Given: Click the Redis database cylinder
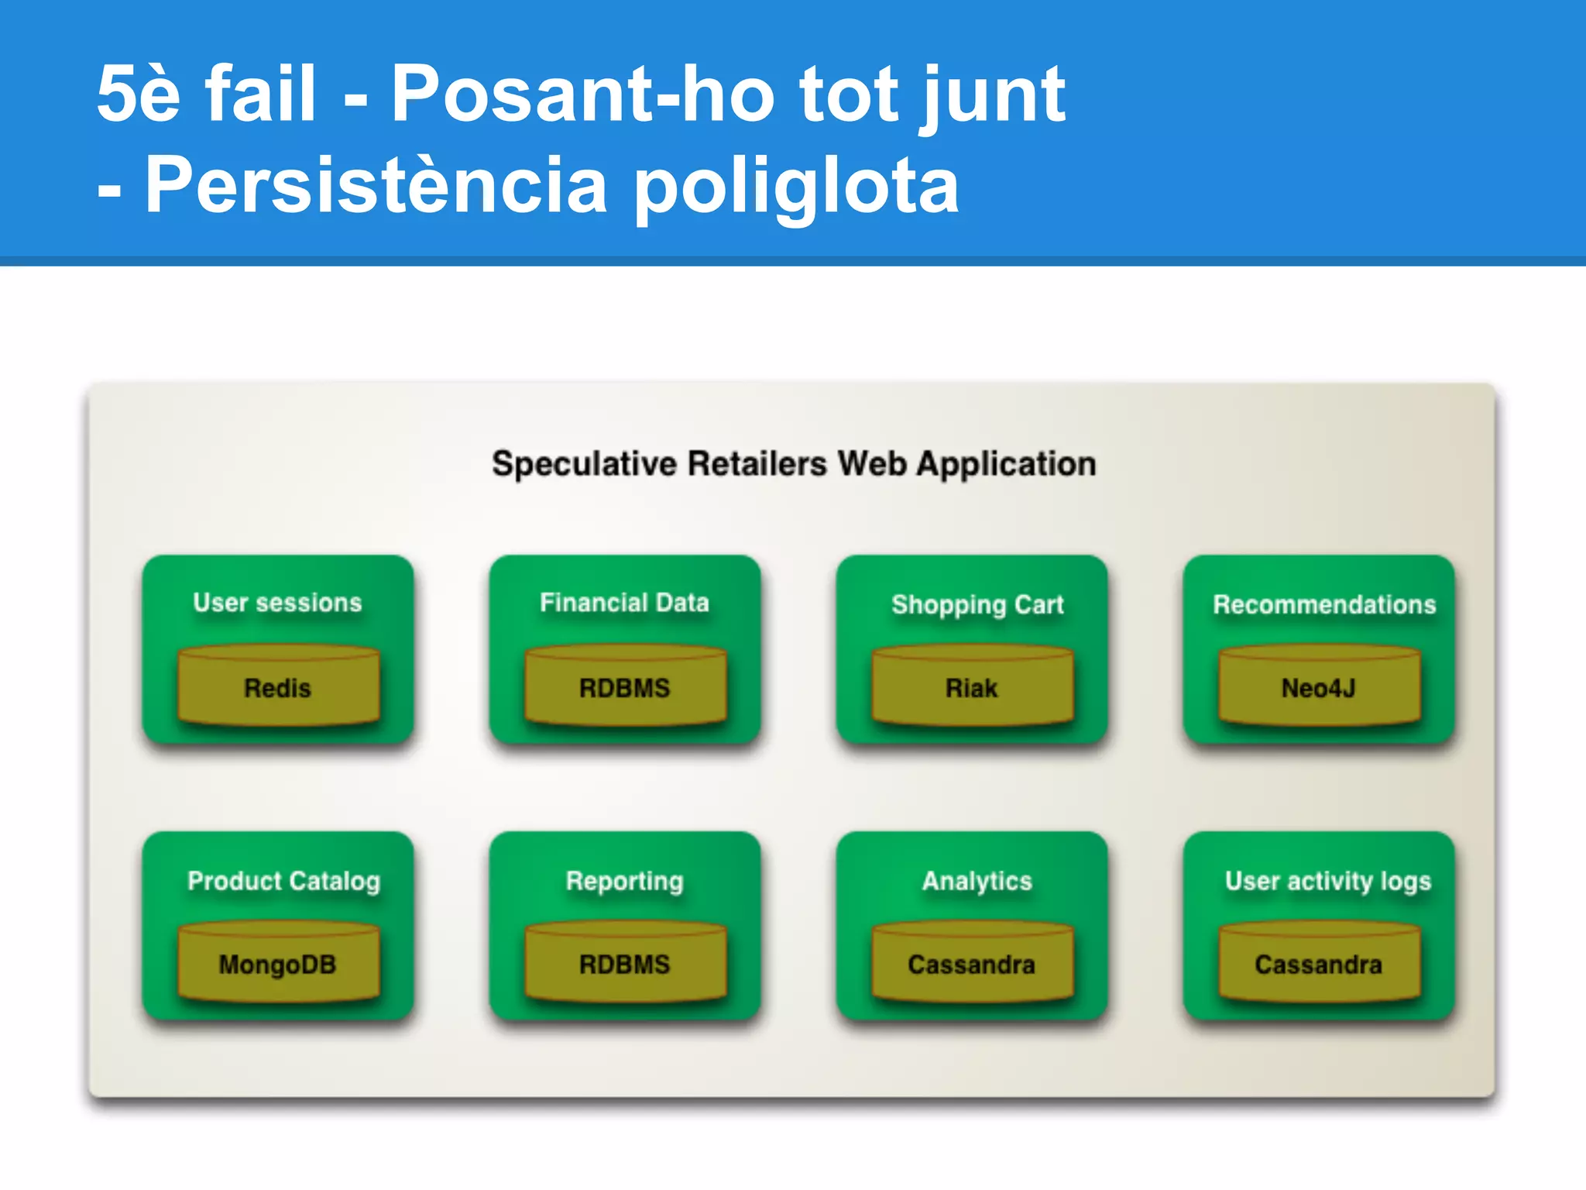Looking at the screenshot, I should (x=278, y=686).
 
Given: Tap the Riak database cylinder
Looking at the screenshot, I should (x=972, y=686).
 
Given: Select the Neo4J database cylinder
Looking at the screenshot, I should (x=1319, y=686).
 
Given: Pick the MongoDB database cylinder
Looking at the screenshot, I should (x=278, y=963).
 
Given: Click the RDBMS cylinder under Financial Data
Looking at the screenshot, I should (x=625, y=686).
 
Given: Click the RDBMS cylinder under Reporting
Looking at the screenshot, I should (x=625, y=963).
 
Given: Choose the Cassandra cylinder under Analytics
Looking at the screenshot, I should (x=972, y=963).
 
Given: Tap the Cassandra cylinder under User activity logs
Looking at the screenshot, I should (x=1319, y=963).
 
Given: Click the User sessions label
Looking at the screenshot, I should (x=277, y=602).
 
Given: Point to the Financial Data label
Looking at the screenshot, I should (x=624, y=602).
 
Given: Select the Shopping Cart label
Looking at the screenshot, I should (x=977, y=604).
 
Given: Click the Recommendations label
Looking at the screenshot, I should (x=1324, y=604).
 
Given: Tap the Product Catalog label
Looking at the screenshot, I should (x=283, y=881).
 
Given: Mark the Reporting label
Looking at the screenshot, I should (x=624, y=881).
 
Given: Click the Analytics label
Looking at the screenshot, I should (x=977, y=881).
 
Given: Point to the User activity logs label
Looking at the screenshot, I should (x=1327, y=881).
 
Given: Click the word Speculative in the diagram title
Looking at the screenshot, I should (x=584, y=464).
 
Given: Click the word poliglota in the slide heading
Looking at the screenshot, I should (x=797, y=186).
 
